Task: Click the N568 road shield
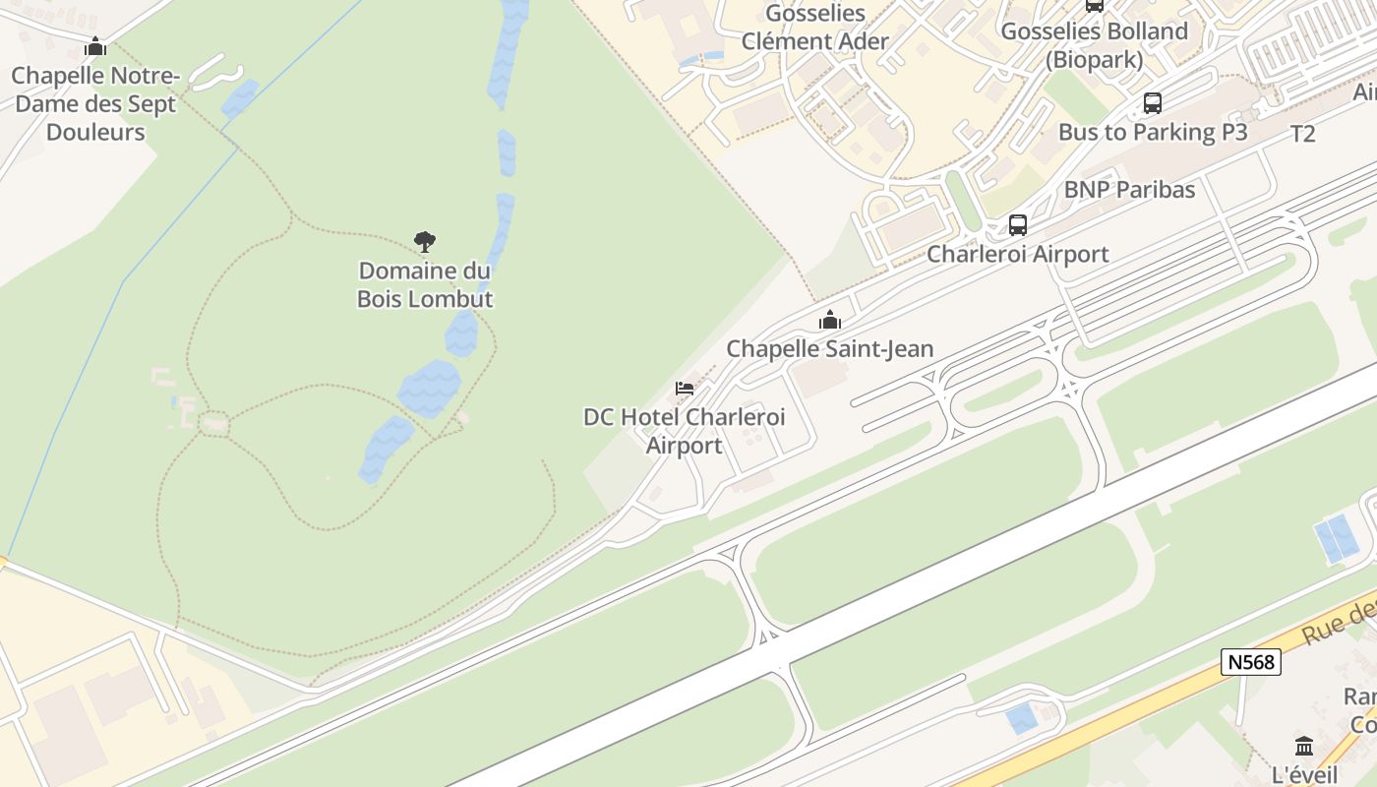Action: point(1251,662)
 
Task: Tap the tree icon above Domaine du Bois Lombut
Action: point(425,241)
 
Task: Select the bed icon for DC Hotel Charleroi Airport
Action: point(685,389)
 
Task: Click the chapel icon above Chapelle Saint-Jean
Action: point(830,320)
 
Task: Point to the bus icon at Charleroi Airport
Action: point(1018,225)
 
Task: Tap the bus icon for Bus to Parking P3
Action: point(1153,103)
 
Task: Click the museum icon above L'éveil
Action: point(1304,745)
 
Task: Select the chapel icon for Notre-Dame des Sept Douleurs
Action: point(95,46)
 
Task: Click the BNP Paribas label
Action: point(1129,190)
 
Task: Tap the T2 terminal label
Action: point(1302,135)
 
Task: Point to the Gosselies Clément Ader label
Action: point(815,28)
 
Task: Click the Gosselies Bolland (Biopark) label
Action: point(1094,45)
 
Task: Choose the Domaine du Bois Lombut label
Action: point(425,284)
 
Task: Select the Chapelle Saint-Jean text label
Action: point(830,348)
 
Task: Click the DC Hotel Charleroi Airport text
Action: point(685,431)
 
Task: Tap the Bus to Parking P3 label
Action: point(1153,132)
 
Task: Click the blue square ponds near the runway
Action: point(1337,539)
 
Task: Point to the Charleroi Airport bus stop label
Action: point(1018,254)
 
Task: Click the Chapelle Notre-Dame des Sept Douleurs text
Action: point(95,103)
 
